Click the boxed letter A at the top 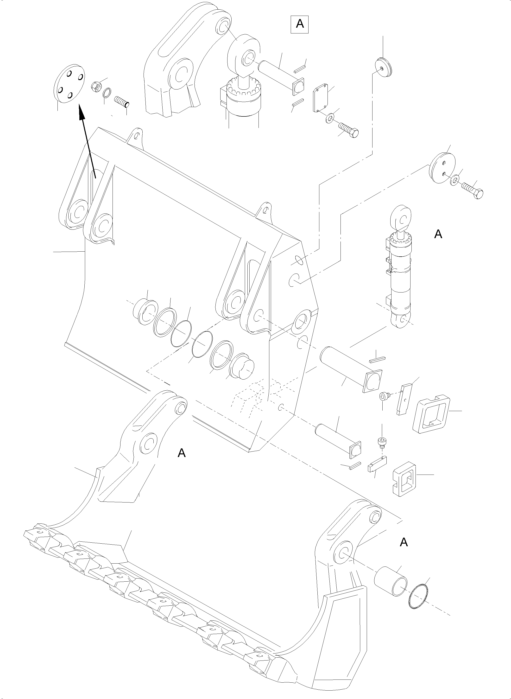300,24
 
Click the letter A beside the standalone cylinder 438,235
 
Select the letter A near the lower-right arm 404,542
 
